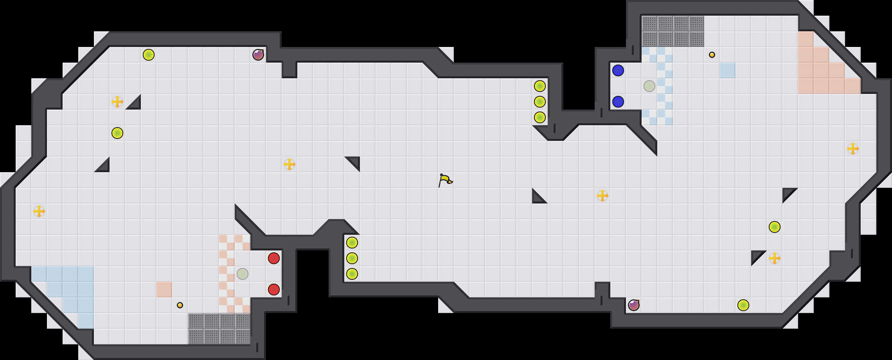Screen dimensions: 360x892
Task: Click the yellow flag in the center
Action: pos(445,180)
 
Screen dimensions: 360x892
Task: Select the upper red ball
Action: pos(274,258)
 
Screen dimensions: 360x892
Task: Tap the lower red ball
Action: pos(274,290)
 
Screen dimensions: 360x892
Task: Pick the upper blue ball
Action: pos(618,70)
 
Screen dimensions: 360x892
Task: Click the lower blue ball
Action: pos(618,102)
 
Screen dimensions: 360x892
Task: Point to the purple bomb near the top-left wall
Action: pos(258,55)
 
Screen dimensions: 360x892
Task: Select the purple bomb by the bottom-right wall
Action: pos(634,305)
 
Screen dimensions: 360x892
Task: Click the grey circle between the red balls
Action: pos(243,274)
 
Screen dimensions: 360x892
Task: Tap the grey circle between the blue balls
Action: pos(649,86)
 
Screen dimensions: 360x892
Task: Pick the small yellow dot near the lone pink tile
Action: pos(180,305)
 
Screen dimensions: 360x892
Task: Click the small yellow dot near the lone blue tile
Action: pos(712,55)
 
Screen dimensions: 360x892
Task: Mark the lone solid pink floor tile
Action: pos(164,290)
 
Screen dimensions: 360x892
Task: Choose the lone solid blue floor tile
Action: pos(728,70)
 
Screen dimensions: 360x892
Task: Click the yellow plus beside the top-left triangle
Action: pos(117,102)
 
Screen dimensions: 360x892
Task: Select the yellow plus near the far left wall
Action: pos(39,211)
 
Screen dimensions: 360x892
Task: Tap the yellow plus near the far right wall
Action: pos(853,149)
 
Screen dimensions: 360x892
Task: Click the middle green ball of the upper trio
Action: pos(540,102)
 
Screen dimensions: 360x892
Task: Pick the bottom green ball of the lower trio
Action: pos(352,274)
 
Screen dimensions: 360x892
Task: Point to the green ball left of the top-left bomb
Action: pos(149,55)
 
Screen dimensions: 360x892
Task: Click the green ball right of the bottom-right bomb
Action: pos(743,305)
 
